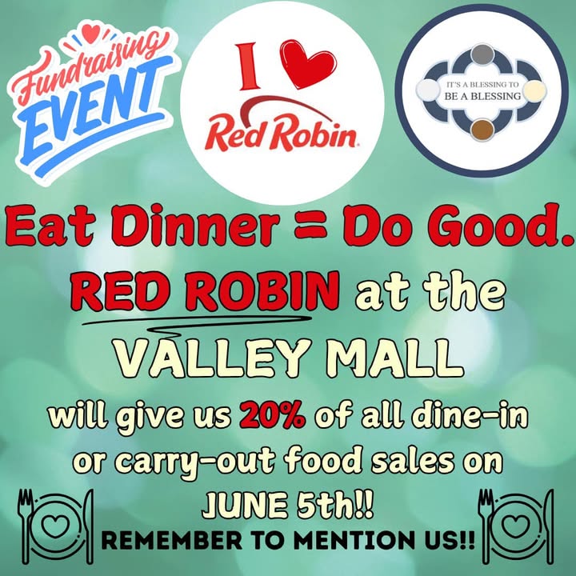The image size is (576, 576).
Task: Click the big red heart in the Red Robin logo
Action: coord(308,63)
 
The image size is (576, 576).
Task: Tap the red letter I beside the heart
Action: coord(247,66)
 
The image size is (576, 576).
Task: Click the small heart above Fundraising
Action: coord(90,32)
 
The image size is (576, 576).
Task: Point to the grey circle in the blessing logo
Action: coord(482,54)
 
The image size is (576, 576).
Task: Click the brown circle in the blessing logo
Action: coord(482,130)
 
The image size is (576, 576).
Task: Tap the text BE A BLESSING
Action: coord(482,96)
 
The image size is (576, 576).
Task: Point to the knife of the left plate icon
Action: coord(89,526)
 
